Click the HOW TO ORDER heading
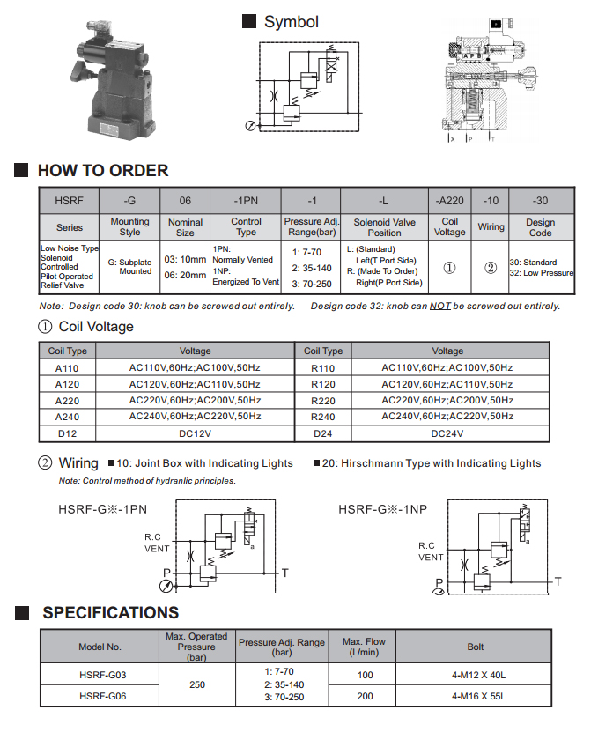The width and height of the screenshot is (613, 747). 102,171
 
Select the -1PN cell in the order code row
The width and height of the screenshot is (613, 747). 246,200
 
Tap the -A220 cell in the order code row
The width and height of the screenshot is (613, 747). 449,200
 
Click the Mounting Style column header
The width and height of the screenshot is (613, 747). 129,227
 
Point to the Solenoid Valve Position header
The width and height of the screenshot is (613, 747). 384,227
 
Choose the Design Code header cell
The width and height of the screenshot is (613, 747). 540,227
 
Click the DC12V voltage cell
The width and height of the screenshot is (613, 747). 195,433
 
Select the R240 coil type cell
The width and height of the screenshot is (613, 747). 323,417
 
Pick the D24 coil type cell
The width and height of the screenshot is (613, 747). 323,433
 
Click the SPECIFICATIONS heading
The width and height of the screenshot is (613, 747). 110,613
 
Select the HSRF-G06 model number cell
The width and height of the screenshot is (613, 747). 100,696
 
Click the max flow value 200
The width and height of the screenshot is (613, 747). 364,696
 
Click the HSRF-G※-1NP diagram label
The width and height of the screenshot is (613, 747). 382,509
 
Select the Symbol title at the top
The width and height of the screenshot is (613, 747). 291,22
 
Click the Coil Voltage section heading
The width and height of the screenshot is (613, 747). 96,327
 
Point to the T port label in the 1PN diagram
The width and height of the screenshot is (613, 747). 284,573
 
